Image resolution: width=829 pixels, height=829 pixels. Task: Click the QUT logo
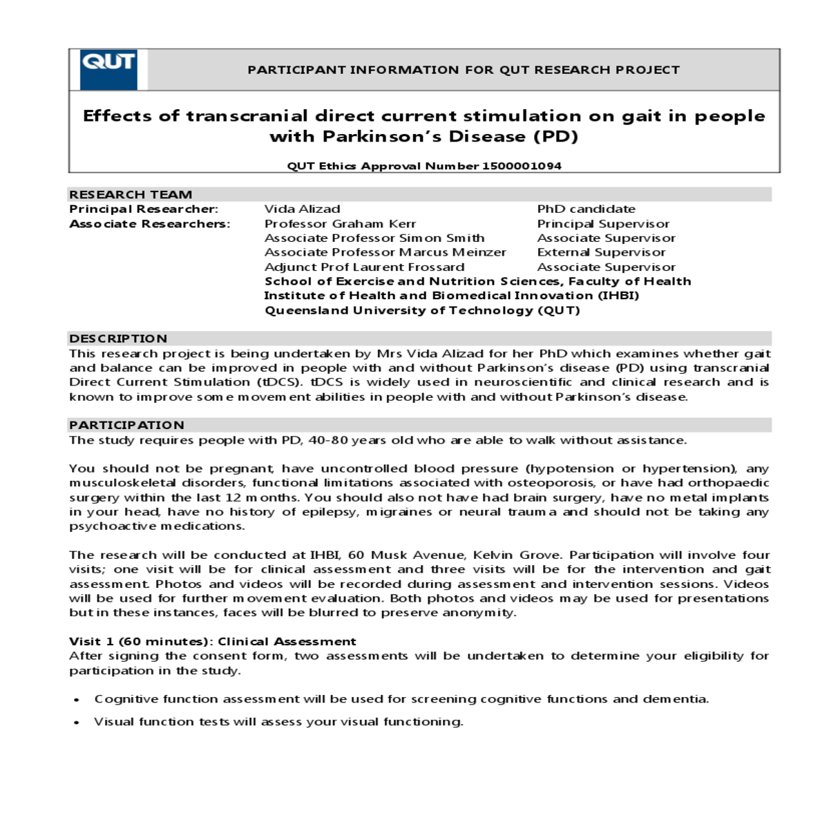[x=108, y=69]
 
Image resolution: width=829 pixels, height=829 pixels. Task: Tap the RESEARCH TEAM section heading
[x=131, y=194]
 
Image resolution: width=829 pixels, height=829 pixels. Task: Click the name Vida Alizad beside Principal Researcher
[x=302, y=209]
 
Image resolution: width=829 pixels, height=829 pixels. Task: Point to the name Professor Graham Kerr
[x=340, y=224]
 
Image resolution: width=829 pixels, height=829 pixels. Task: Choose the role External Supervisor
[x=601, y=252]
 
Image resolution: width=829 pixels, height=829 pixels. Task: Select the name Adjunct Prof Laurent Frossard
[x=364, y=267]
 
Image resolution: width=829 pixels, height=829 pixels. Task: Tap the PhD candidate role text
[x=586, y=209]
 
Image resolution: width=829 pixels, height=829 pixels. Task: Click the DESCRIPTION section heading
[x=118, y=339]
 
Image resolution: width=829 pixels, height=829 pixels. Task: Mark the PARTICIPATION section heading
[x=126, y=425]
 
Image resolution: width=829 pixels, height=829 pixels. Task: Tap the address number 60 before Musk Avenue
[x=356, y=555]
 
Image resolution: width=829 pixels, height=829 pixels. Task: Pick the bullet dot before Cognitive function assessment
[x=77, y=700]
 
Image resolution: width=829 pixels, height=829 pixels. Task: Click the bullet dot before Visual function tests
[x=77, y=723]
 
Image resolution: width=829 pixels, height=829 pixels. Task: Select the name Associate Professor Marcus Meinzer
[x=385, y=252]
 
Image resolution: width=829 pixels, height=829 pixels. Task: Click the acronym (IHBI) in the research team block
[x=618, y=296]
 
